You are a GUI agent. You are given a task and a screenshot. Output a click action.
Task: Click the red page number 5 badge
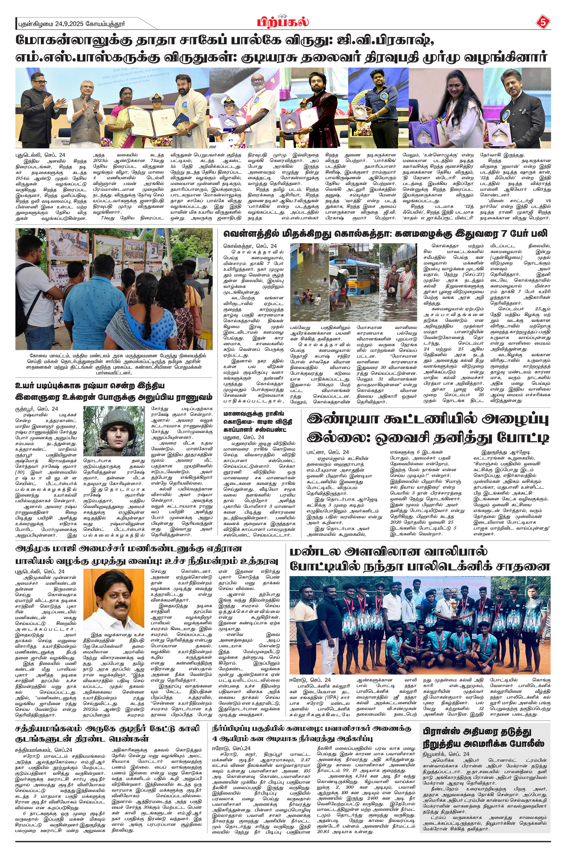542,22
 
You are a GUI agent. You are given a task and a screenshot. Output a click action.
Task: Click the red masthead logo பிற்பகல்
283,22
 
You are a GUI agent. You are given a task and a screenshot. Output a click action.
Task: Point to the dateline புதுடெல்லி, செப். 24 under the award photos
40,155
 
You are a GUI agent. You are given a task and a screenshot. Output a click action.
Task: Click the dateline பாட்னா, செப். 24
328,452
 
